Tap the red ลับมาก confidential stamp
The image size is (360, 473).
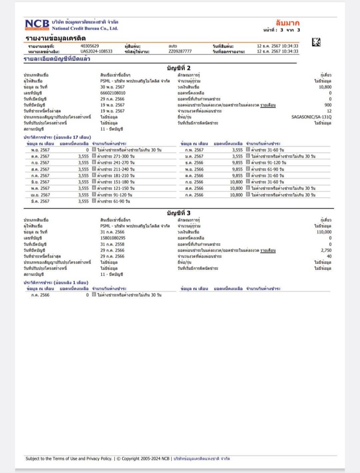(287, 23)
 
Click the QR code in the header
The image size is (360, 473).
(316, 42)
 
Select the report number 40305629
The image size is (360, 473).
(89, 46)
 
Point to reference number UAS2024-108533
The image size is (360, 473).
(96, 51)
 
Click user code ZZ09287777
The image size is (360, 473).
(180, 51)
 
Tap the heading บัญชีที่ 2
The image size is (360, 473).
(179, 68)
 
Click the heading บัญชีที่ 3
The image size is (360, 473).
(179, 213)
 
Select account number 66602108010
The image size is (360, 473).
(113, 93)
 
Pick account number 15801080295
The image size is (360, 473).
(113, 238)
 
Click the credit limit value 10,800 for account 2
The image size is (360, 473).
(325, 87)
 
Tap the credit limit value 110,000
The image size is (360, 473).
(324, 232)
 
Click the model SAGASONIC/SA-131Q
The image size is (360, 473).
(311, 117)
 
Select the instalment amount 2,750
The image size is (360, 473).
(326, 250)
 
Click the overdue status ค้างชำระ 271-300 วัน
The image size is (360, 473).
(116, 156)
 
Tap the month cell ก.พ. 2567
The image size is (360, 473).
(194, 150)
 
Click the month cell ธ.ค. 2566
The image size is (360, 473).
(194, 163)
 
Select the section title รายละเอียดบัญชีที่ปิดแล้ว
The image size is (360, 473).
(57, 59)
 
